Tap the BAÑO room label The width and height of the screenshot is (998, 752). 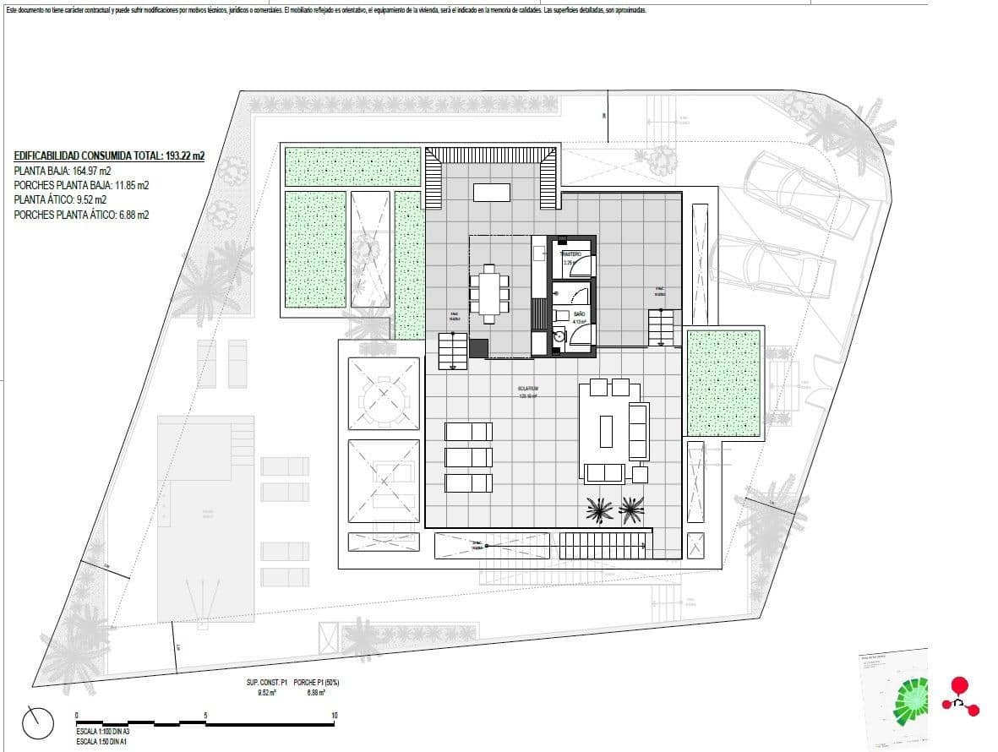pyautogui.click(x=579, y=313)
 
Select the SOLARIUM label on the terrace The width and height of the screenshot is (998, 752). pyautogui.click(x=529, y=390)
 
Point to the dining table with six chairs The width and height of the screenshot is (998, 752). pyautogui.click(x=489, y=293)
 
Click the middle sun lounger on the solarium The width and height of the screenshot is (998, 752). pyautogui.click(x=468, y=457)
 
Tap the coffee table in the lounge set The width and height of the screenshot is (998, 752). pyautogui.click(x=606, y=431)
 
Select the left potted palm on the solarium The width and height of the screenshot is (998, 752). pyautogui.click(x=600, y=509)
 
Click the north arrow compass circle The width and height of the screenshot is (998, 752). pyautogui.click(x=39, y=722)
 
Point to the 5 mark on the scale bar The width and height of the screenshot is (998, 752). pyautogui.click(x=205, y=716)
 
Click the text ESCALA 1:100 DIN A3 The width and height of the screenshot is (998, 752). pyautogui.click(x=103, y=730)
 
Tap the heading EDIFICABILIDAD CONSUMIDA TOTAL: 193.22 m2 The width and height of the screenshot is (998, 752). pyautogui.click(x=109, y=155)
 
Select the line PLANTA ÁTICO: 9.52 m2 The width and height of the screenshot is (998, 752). pyautogui.click(x=60, y=200)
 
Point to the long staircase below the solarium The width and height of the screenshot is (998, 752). pyautogui.click(x=605, y=545)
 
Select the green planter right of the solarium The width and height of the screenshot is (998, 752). pyautogui.click(x=723, y=382)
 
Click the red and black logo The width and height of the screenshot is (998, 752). pyautogui.click(x=961, y=697)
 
